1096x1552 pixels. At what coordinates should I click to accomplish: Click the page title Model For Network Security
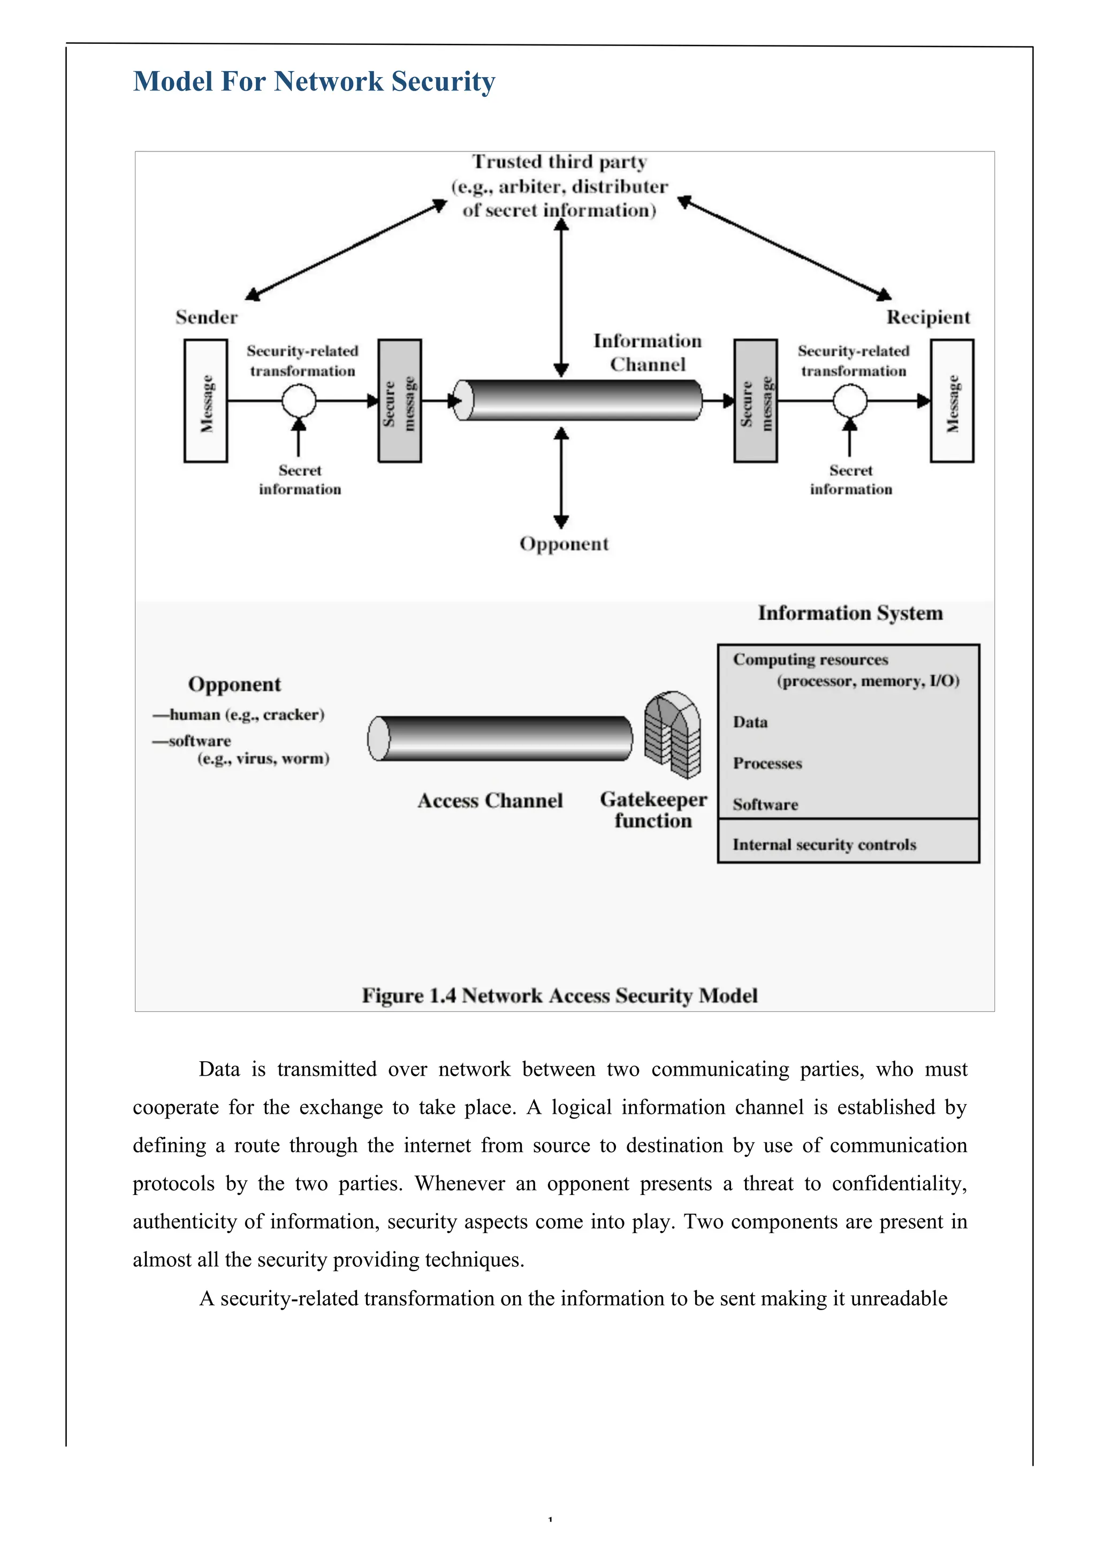[x=314, y=82]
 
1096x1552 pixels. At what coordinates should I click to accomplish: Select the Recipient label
[x=927, y=317]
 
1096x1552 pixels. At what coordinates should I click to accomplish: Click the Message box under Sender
[x=205, y=401]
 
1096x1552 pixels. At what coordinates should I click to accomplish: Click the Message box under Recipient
[x=952, y=401]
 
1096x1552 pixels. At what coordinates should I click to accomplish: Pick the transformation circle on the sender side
[x=299, y=401]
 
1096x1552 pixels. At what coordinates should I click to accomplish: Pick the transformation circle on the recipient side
[x=850, y=401]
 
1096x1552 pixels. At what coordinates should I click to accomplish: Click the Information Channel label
[x=647, y=352]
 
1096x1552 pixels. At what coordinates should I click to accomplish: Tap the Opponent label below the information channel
[x=564, y=544]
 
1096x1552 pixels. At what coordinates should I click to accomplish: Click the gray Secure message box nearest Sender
[x=400, y=401]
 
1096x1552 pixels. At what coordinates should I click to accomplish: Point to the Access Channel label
[x=490, y=801]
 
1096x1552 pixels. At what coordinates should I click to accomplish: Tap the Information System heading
[x=850, y=613]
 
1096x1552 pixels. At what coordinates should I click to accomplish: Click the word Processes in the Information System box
[x=767, y=763]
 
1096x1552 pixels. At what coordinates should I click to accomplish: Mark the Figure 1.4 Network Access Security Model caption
[x=559, y=995]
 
